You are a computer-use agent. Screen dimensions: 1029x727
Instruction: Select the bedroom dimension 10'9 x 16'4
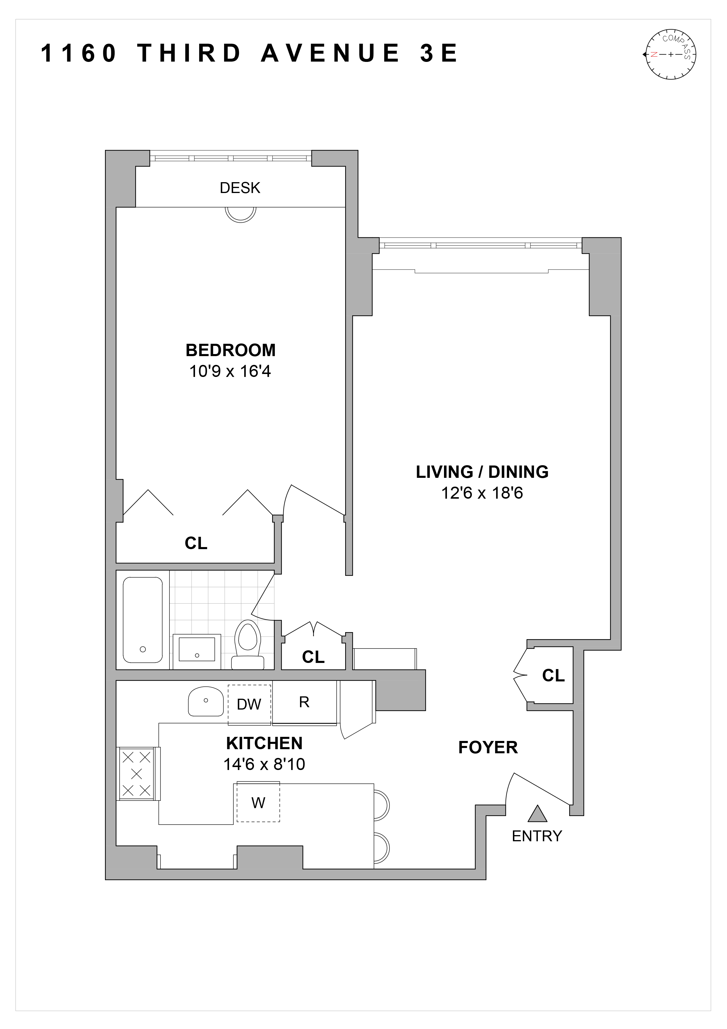pos(230,372)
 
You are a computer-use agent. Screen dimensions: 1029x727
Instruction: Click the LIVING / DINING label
pos(482,472)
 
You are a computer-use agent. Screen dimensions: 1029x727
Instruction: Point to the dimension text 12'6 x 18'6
pos(482,493)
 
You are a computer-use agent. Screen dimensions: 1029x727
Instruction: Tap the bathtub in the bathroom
pos(143,620)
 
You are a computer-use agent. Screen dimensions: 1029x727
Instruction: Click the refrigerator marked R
pos(304,702)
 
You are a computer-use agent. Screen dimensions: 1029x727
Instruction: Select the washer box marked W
pos(258,802)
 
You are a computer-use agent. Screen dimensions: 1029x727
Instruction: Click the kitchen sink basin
pos(206,701)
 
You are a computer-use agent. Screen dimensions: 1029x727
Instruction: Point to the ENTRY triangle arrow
pos(537,814)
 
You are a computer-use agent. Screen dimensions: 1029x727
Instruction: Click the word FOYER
pos(488,747)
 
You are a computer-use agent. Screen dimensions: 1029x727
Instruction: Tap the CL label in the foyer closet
pos(553,676)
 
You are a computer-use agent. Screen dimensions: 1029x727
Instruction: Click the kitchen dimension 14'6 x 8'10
pos(264,764)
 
